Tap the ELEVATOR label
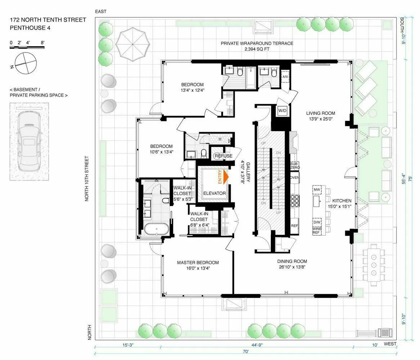[x=214, y=193]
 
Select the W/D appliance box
[x=282, y=111]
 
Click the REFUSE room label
[x=224, y=156]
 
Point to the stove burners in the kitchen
[x=295, y=201]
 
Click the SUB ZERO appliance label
[x=294, y=166]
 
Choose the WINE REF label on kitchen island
[x=316, y=230]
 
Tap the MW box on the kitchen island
[x=317, y=190]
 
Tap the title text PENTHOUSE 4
[x=31, y=28]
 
